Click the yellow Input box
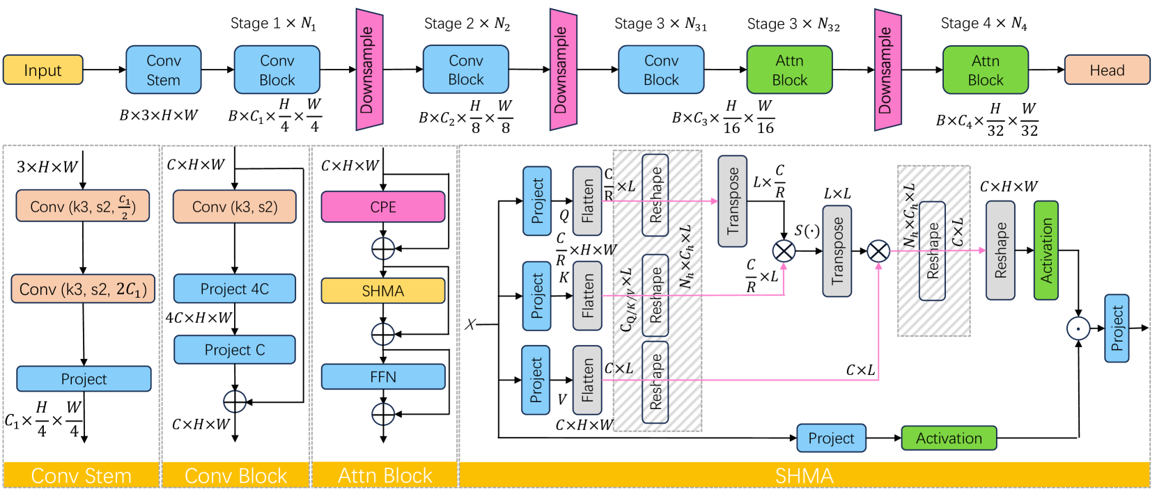(x=42, y=70)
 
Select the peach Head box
(x=1106, y=70)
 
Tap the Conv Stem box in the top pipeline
(x=164, y=70)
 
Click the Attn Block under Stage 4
(x=985, y=70)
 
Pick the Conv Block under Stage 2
(x=465, y=70)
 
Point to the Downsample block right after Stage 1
(x=369, y=70)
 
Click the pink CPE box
(x=382, y=207)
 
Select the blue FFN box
(x=382, y=376)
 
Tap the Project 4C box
(x=234, y=289)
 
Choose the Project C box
(x=234, y=349)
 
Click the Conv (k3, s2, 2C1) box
(x=83, y=289)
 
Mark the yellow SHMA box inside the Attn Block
(x=382, y=291)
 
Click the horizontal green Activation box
(x=948, y=438)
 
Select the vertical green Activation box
(x=1046, y=250)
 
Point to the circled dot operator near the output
(x=1078, y=328)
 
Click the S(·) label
(x=807, y=231)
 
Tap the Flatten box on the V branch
(x=587, y=380)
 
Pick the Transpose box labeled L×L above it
(x=837, y=250)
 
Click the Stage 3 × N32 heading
(x=793, y=24)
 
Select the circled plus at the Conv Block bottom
(x=235, y=401)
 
